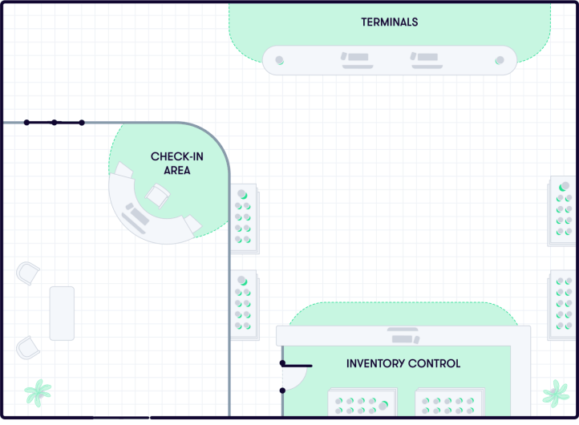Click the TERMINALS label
389,22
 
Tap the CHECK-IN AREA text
170,163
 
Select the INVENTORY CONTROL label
403,363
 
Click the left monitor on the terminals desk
354,59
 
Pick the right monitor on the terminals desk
424,59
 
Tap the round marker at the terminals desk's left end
280,60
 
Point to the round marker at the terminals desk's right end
500,60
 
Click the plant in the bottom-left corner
37,393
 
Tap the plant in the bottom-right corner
555,393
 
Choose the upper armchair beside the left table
28,273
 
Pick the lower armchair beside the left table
28,347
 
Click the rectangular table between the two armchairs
62,313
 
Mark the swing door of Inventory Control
295,375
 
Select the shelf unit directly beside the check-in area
244,219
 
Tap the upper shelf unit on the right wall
563,212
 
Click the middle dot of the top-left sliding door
54,123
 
